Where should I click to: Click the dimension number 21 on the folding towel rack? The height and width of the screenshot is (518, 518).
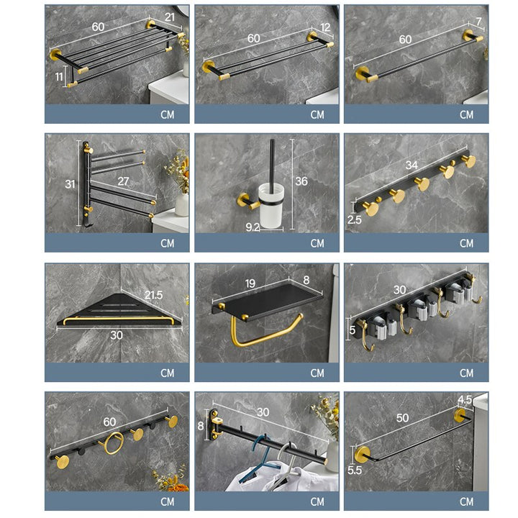tap(170, 17)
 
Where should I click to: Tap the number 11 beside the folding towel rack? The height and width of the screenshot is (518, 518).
tap(59, 77)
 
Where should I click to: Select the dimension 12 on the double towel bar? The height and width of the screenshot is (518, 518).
tap(325, 27)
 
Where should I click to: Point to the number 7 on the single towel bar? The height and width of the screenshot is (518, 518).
tap(478, 22)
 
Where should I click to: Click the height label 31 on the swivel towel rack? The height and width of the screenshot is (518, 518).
tap(70, 184)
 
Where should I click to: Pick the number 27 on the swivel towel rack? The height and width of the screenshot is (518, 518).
tap(123, 181)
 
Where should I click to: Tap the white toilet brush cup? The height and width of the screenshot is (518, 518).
tap(271, 206)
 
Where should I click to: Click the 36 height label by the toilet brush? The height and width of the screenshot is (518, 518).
tap(301, 181)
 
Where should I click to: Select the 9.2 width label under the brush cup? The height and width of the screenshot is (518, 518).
tap(253, 227)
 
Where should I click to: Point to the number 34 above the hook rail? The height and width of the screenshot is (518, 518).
tap(412, 165)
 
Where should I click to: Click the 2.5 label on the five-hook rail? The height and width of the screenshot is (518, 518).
tap(354, 219)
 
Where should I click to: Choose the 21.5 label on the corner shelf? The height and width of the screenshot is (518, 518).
tap(154, 295)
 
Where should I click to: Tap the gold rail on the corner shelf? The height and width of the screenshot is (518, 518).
tap(119, 319)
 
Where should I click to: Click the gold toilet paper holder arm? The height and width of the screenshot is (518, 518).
tap(261, 337)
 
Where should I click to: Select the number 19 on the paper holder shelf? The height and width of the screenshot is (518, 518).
tap(250, 283)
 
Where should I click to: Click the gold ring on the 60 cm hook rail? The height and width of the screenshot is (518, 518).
tap(114, 443)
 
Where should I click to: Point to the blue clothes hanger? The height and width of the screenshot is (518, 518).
tap(261, 459)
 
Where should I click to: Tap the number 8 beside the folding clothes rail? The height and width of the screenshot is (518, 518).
tap(201, 426)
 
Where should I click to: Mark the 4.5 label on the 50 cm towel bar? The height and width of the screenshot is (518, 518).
tap(465, 400)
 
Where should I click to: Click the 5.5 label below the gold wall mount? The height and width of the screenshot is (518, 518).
tap(355, 470)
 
